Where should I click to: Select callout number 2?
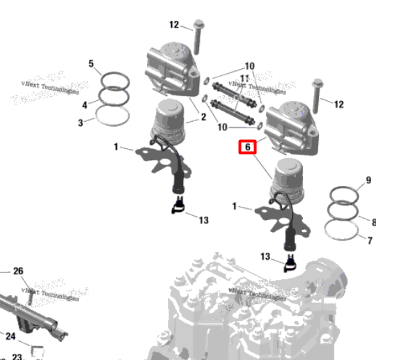pyautogui.click(x=203, y=117)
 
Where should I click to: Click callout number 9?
pyautogui.click(x=368, y=181)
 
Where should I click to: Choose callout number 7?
pyautogui.click(x=370, y=241)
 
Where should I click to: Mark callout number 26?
pyautogui.click(x=18, y=271)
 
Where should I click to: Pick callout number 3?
pyautogui.click(x=81, y=123)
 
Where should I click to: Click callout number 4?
pyautogui.click(x=85, y=105)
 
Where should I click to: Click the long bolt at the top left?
pyautogui.click(x=198, y=35)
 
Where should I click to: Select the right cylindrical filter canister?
pyautogui.click(x=289, y=179)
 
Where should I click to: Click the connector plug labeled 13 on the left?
pyautogui.click(x=180, y=205)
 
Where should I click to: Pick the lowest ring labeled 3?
pyautogui.click(x=111, y=116)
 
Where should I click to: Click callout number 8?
pyautogui.click(x=373, y=222)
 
